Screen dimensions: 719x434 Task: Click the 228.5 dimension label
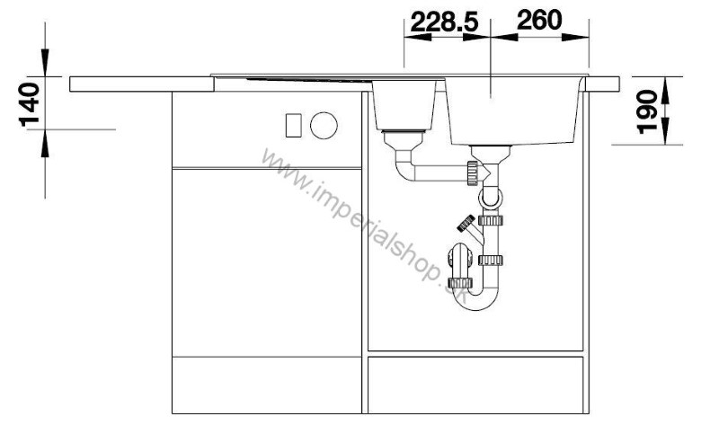444,22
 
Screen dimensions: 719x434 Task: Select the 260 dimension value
538,20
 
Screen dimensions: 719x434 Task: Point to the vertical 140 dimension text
30,104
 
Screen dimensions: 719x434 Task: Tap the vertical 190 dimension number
647,112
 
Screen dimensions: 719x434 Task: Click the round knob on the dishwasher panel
324,125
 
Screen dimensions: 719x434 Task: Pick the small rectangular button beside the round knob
294,125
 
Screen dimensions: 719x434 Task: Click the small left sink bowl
404,105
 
